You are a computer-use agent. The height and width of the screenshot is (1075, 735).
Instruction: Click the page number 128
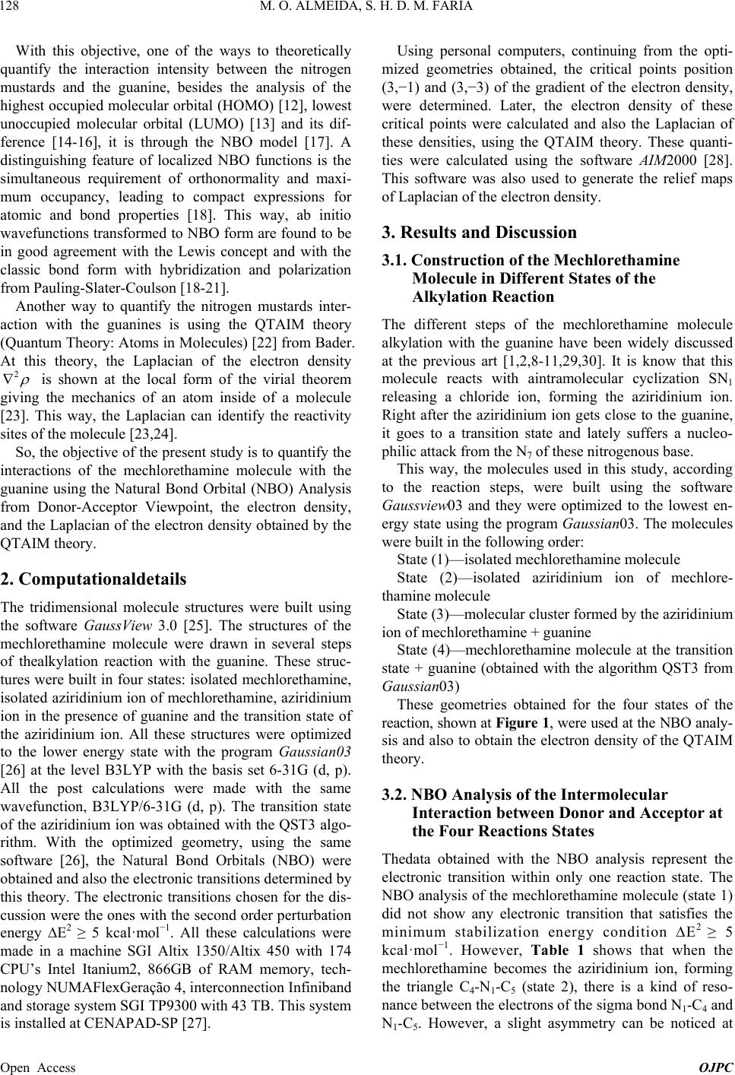[x=14, y=8]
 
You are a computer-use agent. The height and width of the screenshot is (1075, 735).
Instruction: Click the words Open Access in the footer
[x=40, y=1067]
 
